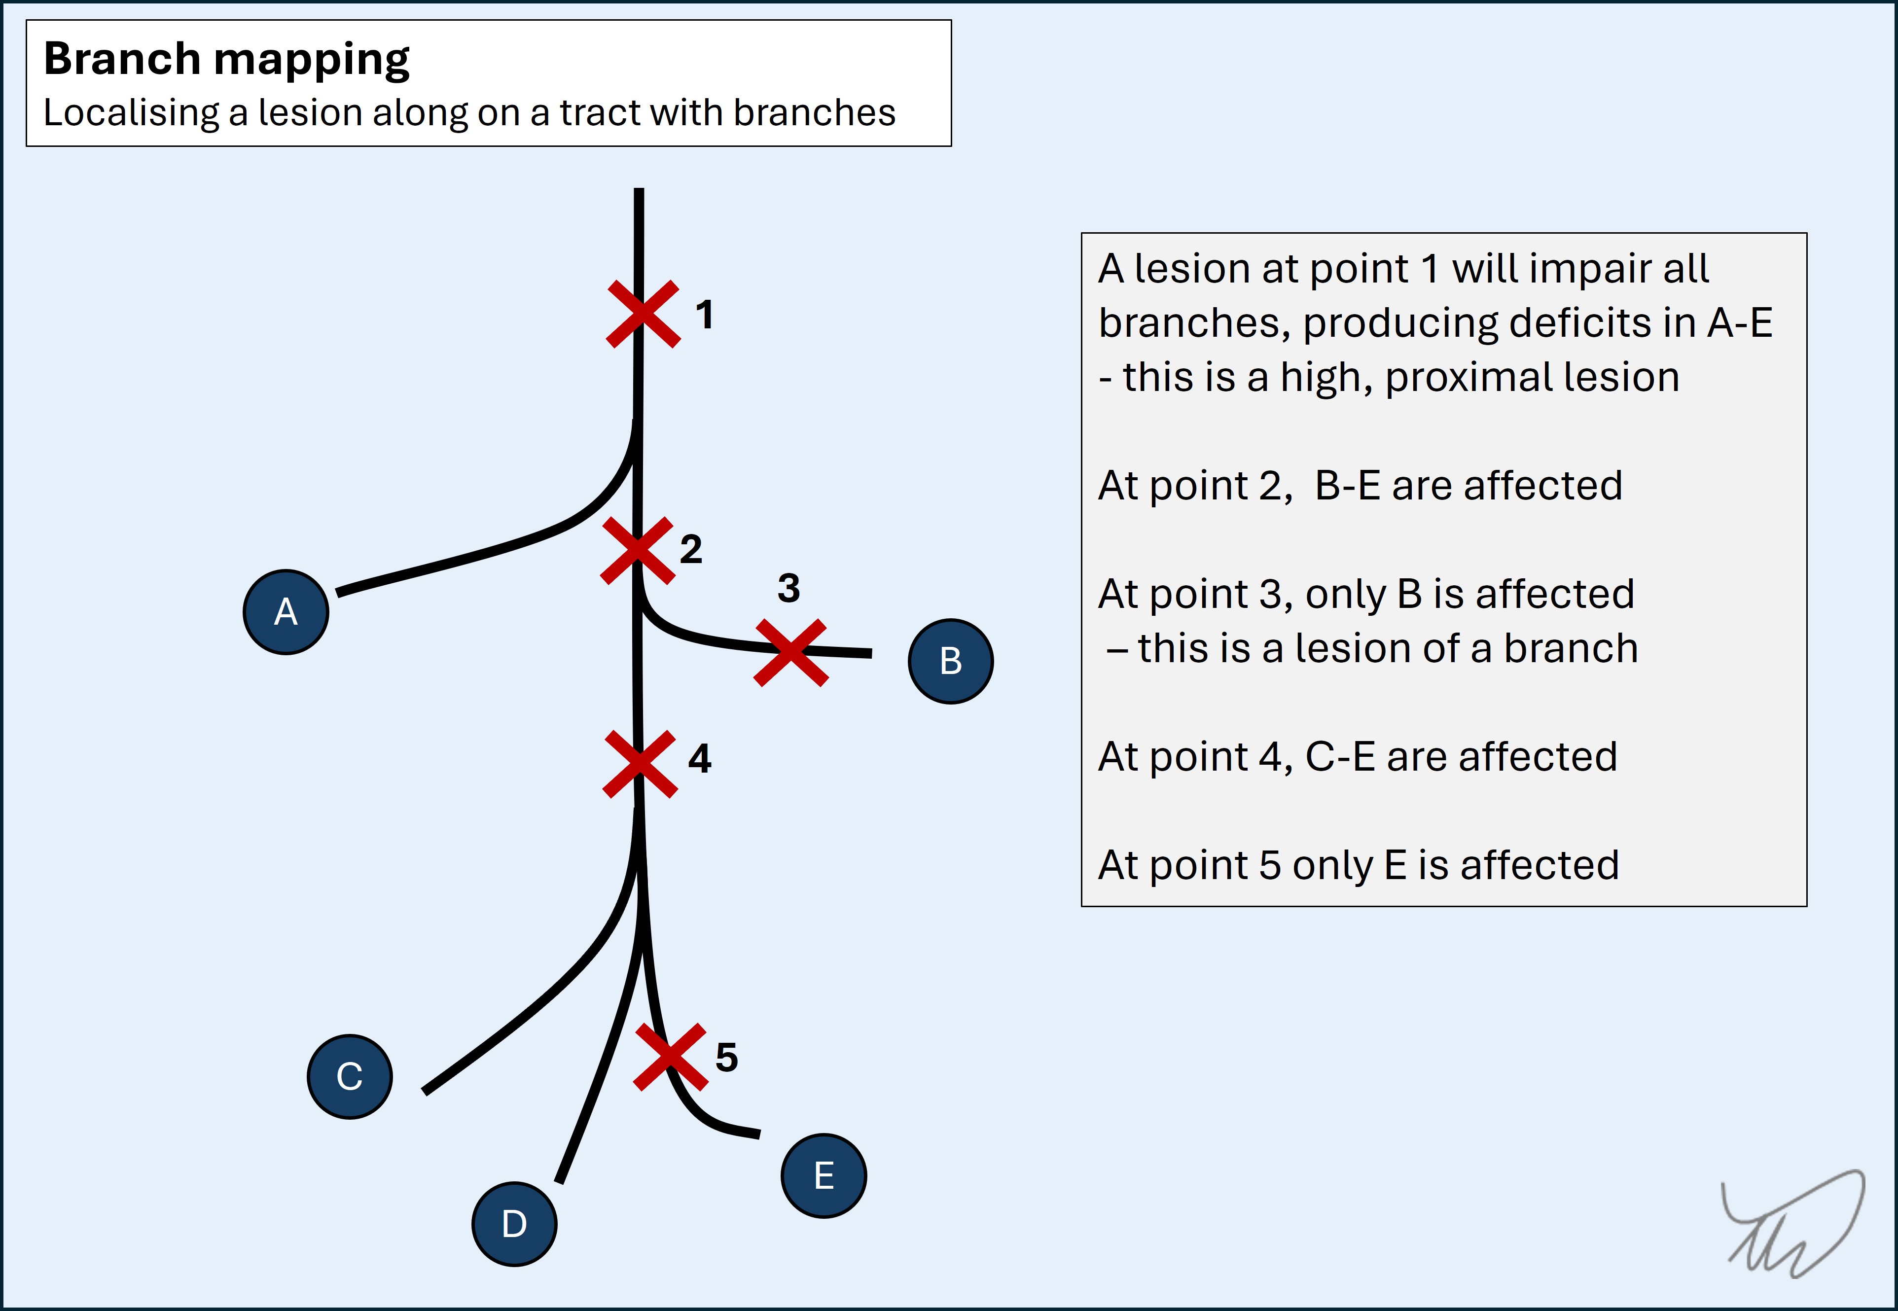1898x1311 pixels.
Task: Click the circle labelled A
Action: click(x=286, y=612)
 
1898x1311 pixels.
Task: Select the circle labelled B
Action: click(x=951, y=661)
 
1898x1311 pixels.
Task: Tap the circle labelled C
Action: click(x=349, y=1076)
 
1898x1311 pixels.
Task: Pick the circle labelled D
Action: click(x=514, y=1224)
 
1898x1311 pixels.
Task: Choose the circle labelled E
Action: click(x=824, y=1175)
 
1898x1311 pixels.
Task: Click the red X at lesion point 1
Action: click(x=644, y=314)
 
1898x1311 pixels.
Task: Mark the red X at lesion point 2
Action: click(x=638, y=550)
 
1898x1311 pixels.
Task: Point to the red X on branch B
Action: click(x=790, y=653)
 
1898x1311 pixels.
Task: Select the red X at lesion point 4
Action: click(x=640, y=764)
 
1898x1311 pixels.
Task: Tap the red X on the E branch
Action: click(x=671, y=1057)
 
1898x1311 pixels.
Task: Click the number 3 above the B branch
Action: click(x=789, y=588)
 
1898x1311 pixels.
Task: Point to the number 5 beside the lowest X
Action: click(x=726, y=1057)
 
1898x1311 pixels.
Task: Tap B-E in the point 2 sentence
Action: click(x=1348, y=486)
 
